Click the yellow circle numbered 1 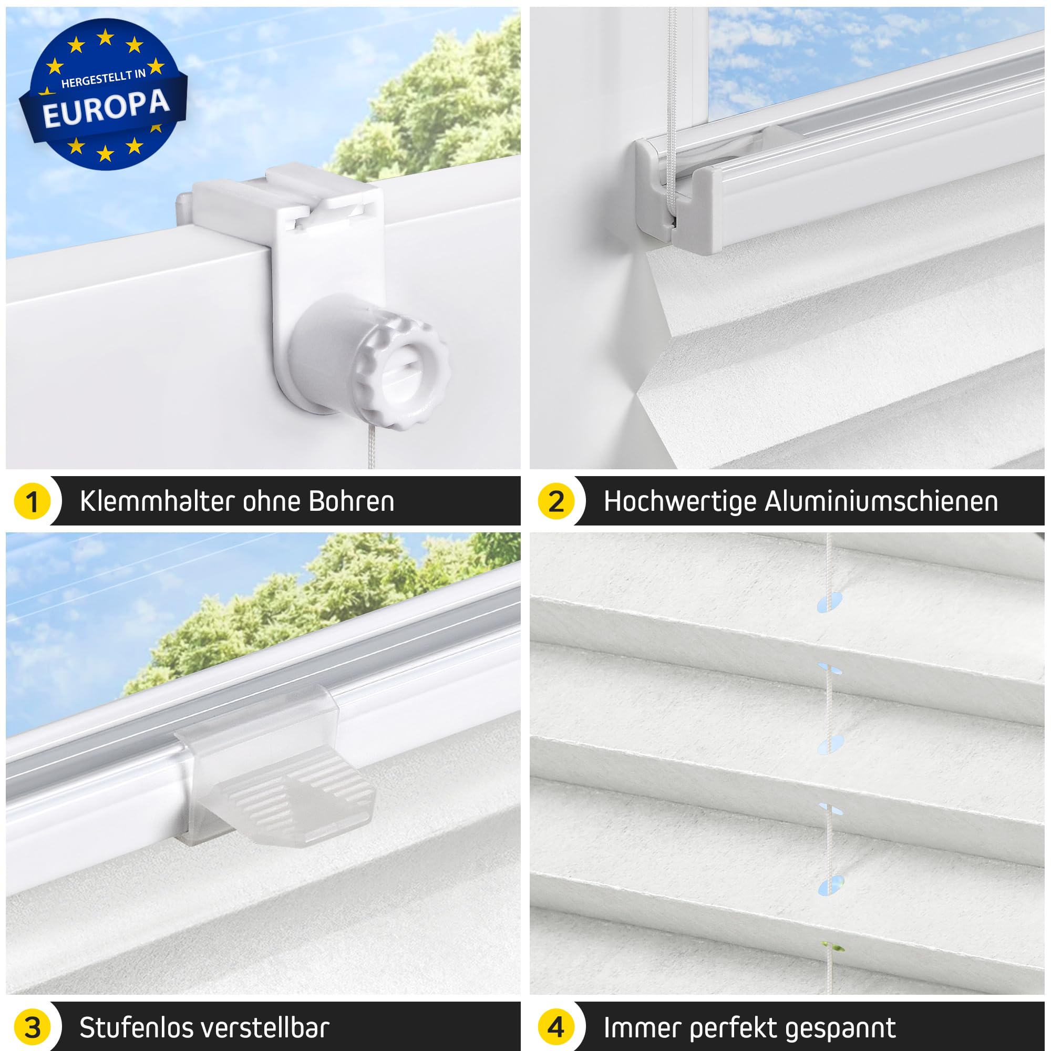(x=32, y=501)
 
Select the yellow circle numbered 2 (x=556, y=501)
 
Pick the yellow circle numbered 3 (x=32, y=1027)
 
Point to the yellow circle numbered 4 (x=556, y=1027)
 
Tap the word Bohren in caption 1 (x=352, y=501)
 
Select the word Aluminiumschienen (x=882, y=501)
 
